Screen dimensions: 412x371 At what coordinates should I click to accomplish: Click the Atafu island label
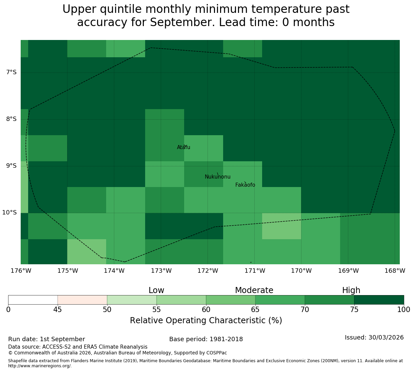(x=183, y=147)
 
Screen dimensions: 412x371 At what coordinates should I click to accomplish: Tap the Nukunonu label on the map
(x=217, y=177)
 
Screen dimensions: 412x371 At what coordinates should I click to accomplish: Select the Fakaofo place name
(x=245, y=185)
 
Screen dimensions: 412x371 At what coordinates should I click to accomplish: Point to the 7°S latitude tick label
(x=12, y=72)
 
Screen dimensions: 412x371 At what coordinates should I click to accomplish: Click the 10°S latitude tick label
(x=9, y=212)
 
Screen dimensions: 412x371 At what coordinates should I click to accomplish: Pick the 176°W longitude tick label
(x=21, y=271)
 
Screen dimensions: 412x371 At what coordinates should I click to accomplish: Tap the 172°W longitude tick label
(x=208, y=271)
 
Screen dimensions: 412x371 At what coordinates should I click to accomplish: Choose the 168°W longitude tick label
(x=395, y=271)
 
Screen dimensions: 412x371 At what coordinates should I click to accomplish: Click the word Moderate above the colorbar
(x=254, y=290)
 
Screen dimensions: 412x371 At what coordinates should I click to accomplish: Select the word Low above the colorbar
(x=156, y=290)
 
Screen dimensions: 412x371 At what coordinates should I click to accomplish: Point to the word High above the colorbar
(x=351, y=290)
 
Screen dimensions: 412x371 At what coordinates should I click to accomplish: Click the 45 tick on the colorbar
(x=58, y=309)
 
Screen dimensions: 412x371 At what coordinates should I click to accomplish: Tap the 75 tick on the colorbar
(x=354, y=309)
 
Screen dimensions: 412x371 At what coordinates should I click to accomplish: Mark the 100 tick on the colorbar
(x=404, y=309)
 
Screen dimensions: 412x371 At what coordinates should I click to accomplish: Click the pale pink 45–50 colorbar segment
(x=82, y=300)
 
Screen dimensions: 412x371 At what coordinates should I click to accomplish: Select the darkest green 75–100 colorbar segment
(x=379, y=300)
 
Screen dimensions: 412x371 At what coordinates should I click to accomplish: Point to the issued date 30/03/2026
(x=386, y=337)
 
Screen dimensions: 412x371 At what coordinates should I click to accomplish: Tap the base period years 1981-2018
(x=226, y=339)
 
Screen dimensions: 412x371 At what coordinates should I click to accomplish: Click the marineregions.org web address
(x=40, y=366)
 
